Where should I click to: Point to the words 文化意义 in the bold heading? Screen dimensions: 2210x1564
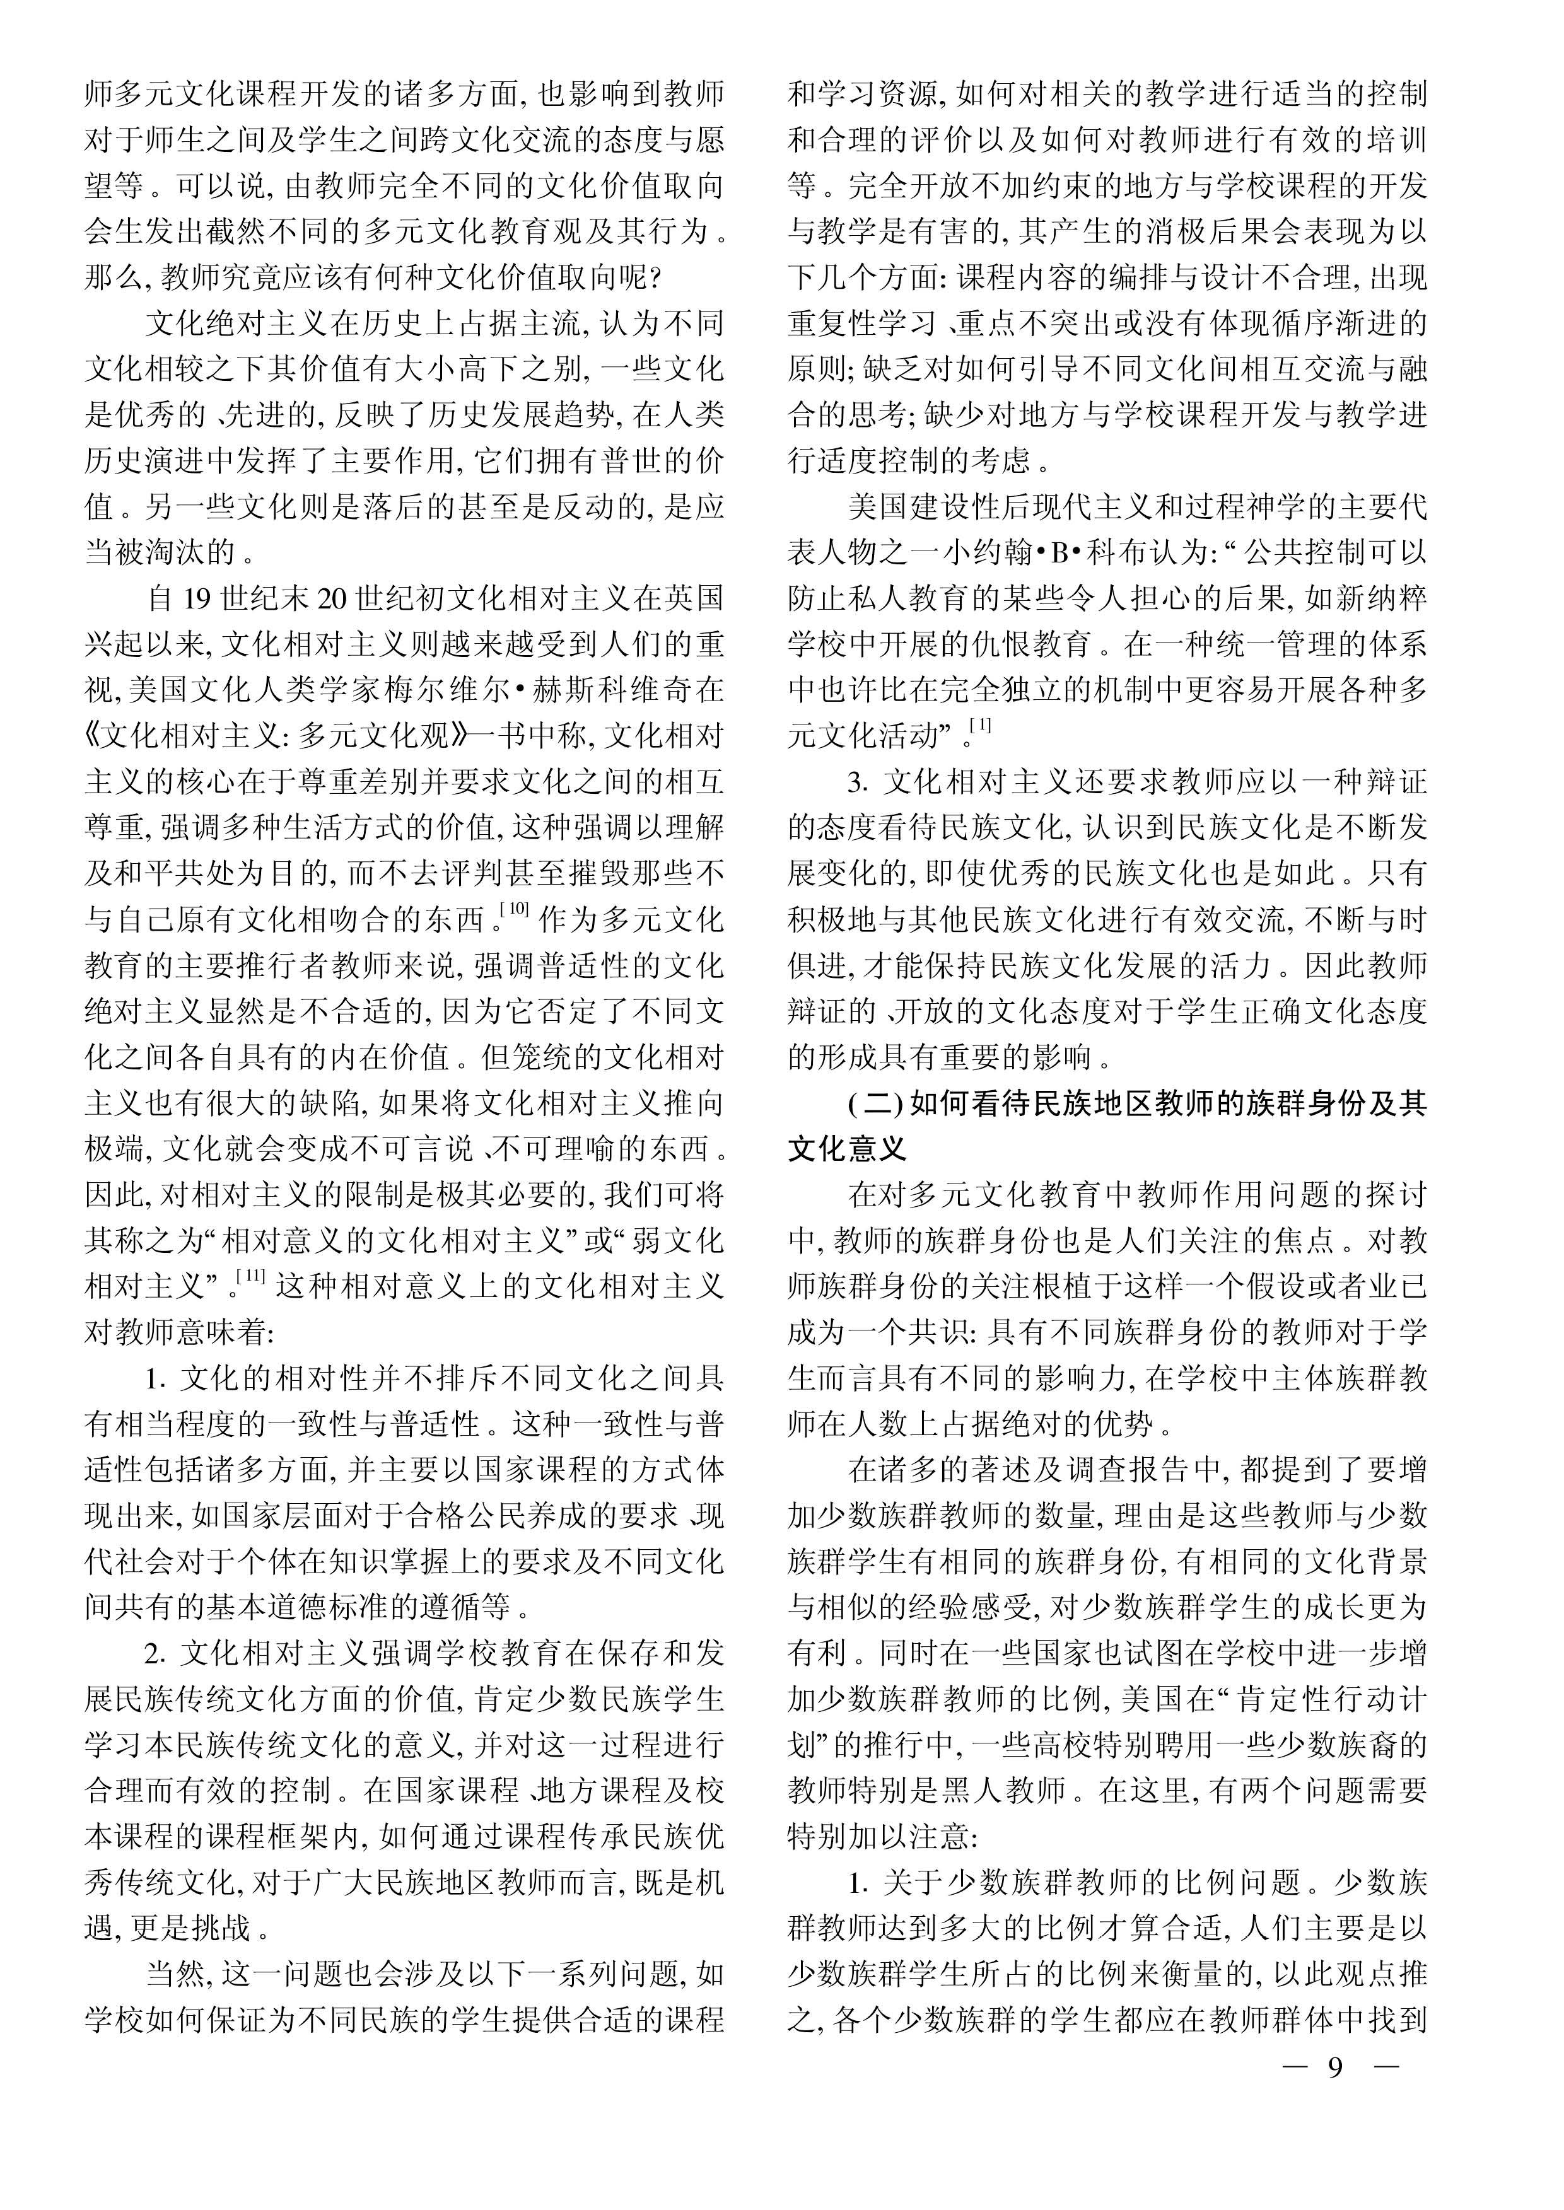pos(848,1150)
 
